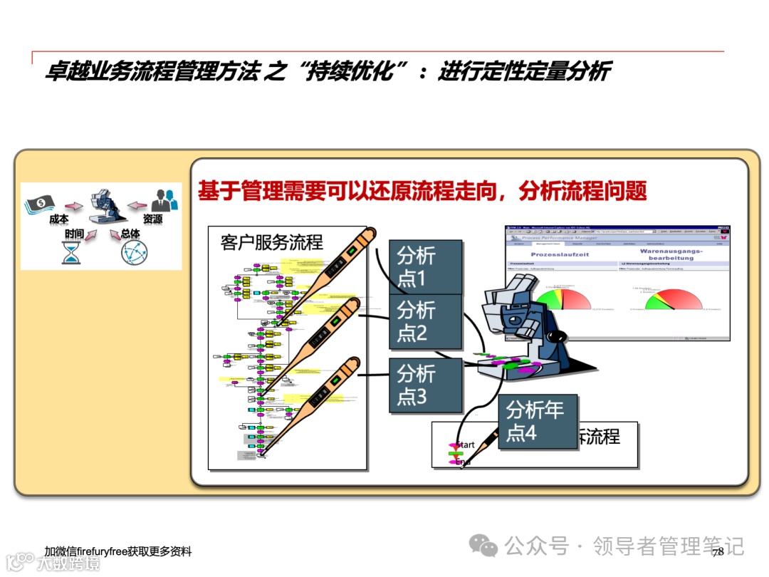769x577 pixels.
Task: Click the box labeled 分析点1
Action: (x=425, y=266)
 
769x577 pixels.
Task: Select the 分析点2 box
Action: (x=425, y=321)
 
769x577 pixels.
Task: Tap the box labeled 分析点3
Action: (x=425, y=385)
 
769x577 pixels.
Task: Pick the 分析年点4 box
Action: (x=536, y=421)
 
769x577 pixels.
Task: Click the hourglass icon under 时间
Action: (x=71, y=252)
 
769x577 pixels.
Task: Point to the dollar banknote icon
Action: (x=42, y=204)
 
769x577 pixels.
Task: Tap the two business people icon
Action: (x=164, y=200)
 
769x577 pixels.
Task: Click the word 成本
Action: (x=58, y=219)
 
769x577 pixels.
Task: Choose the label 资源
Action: (x=152, y=219)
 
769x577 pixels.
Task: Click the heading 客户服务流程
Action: (x=271, y=242)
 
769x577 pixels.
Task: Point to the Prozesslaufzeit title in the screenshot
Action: (x=560, y=254)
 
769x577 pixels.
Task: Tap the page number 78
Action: (x=718, y=551)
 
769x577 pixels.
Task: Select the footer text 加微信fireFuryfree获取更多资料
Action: (x=117, y=551)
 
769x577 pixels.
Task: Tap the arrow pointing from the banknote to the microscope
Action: (x=74, y=207)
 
